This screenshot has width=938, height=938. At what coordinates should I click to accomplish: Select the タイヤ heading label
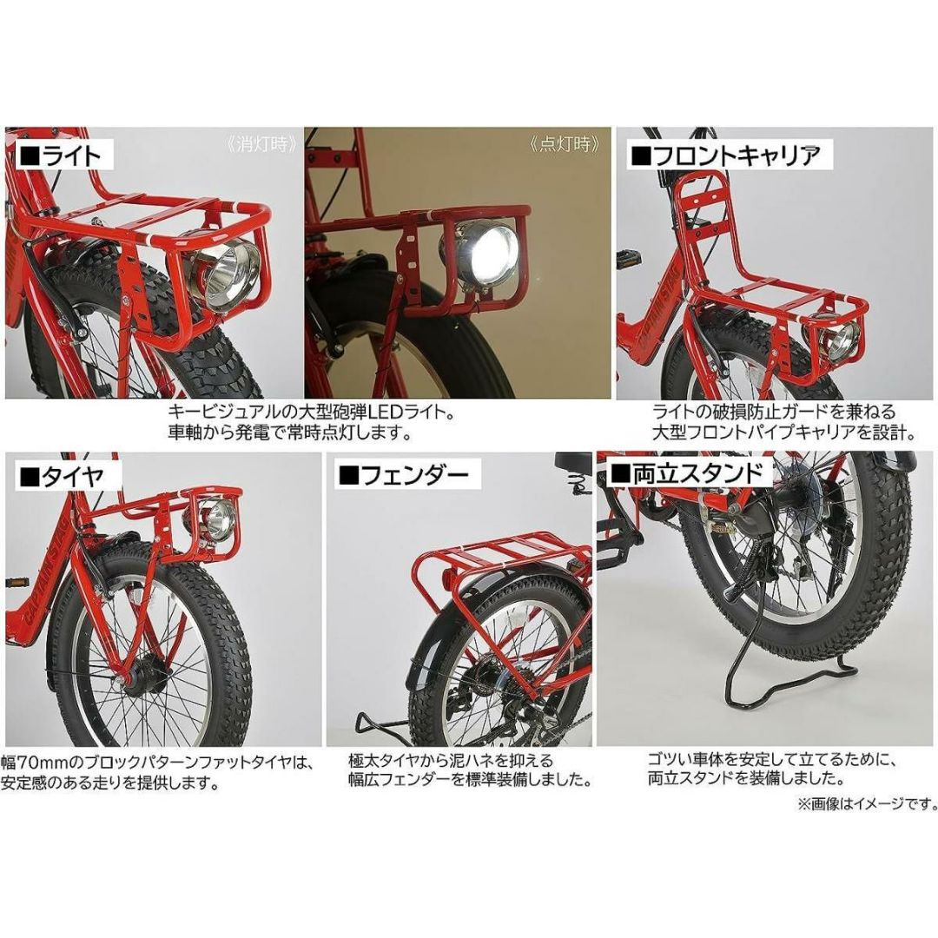point(63,477)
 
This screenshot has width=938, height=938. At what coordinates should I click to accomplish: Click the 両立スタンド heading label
point(684,474)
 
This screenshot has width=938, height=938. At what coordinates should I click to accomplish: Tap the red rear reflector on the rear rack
point(449,578)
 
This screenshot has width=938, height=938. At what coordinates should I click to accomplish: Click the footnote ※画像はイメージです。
point(867,803)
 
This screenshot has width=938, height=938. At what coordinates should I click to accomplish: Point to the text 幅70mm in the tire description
point(34,763)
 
